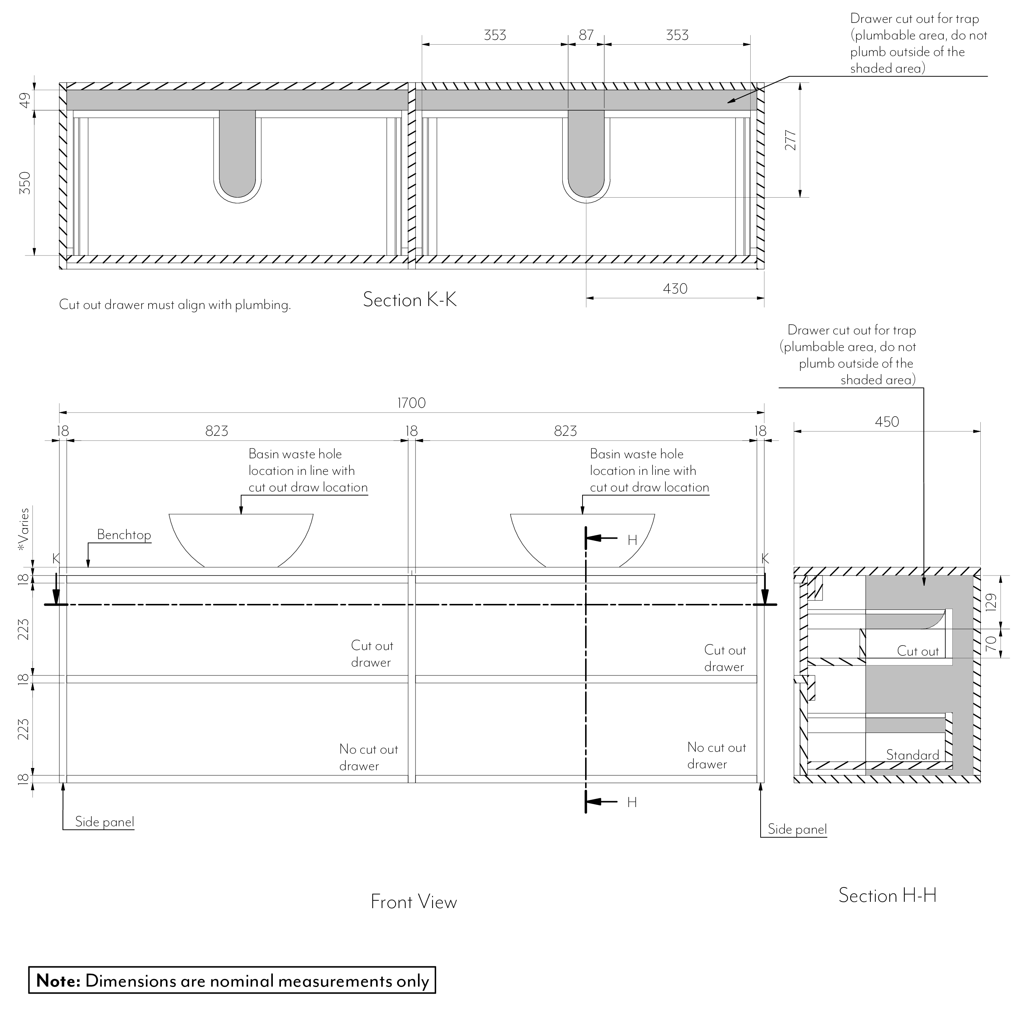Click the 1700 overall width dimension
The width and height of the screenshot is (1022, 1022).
tap(411, 403)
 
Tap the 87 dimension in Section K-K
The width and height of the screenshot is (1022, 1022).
tap(586, 35)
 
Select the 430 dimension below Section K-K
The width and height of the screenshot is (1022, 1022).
tap(675, 289)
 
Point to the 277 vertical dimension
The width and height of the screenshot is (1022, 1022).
tap(790, 140)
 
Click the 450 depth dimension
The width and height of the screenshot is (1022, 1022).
tap(887, 422)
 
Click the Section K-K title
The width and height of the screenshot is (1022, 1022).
tap(410, 300)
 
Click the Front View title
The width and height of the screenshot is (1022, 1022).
tap(414, 902)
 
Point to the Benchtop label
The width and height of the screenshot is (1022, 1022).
tap(124, 535)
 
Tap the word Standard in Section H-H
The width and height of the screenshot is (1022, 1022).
tap(912, 755)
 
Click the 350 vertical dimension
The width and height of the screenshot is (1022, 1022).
tap(25, 182)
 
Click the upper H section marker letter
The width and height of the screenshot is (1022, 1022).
tap(632, 540)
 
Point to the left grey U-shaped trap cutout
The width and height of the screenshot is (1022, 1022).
tap(237, 153)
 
